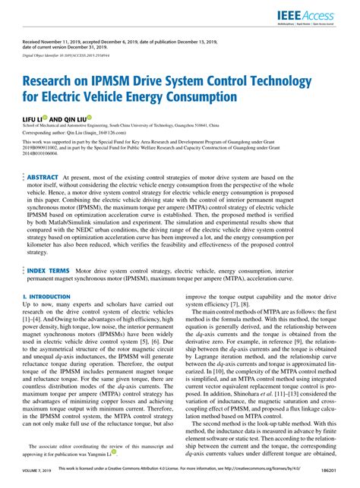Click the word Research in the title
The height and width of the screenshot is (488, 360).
click(x=55, y=81)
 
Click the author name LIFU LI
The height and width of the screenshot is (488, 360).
click(x=32, y=119)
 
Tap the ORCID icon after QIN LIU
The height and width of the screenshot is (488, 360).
click(x=90, y=118)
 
